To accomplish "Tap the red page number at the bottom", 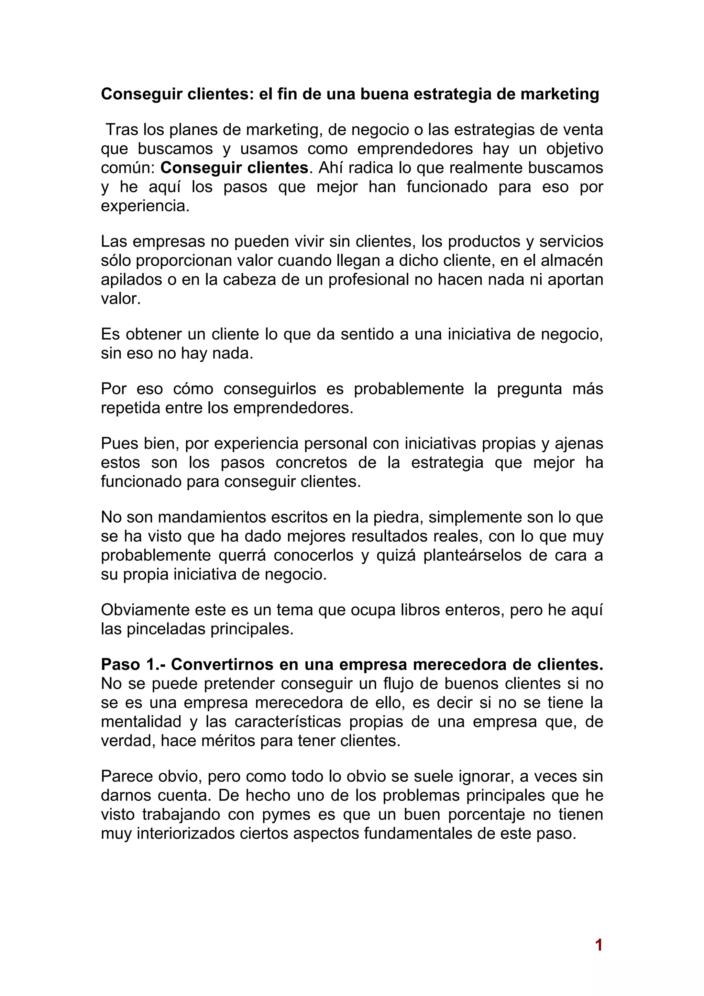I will [x=598, y=945].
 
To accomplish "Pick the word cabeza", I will [x=250, y=280].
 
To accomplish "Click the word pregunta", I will [x=529, y=389].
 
